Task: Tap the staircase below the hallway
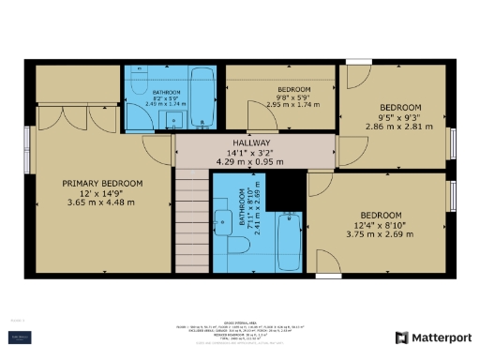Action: point(193,217)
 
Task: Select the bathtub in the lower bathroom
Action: point(290,242)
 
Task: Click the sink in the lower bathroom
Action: point(223,222)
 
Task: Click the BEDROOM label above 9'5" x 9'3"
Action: point(398,107)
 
